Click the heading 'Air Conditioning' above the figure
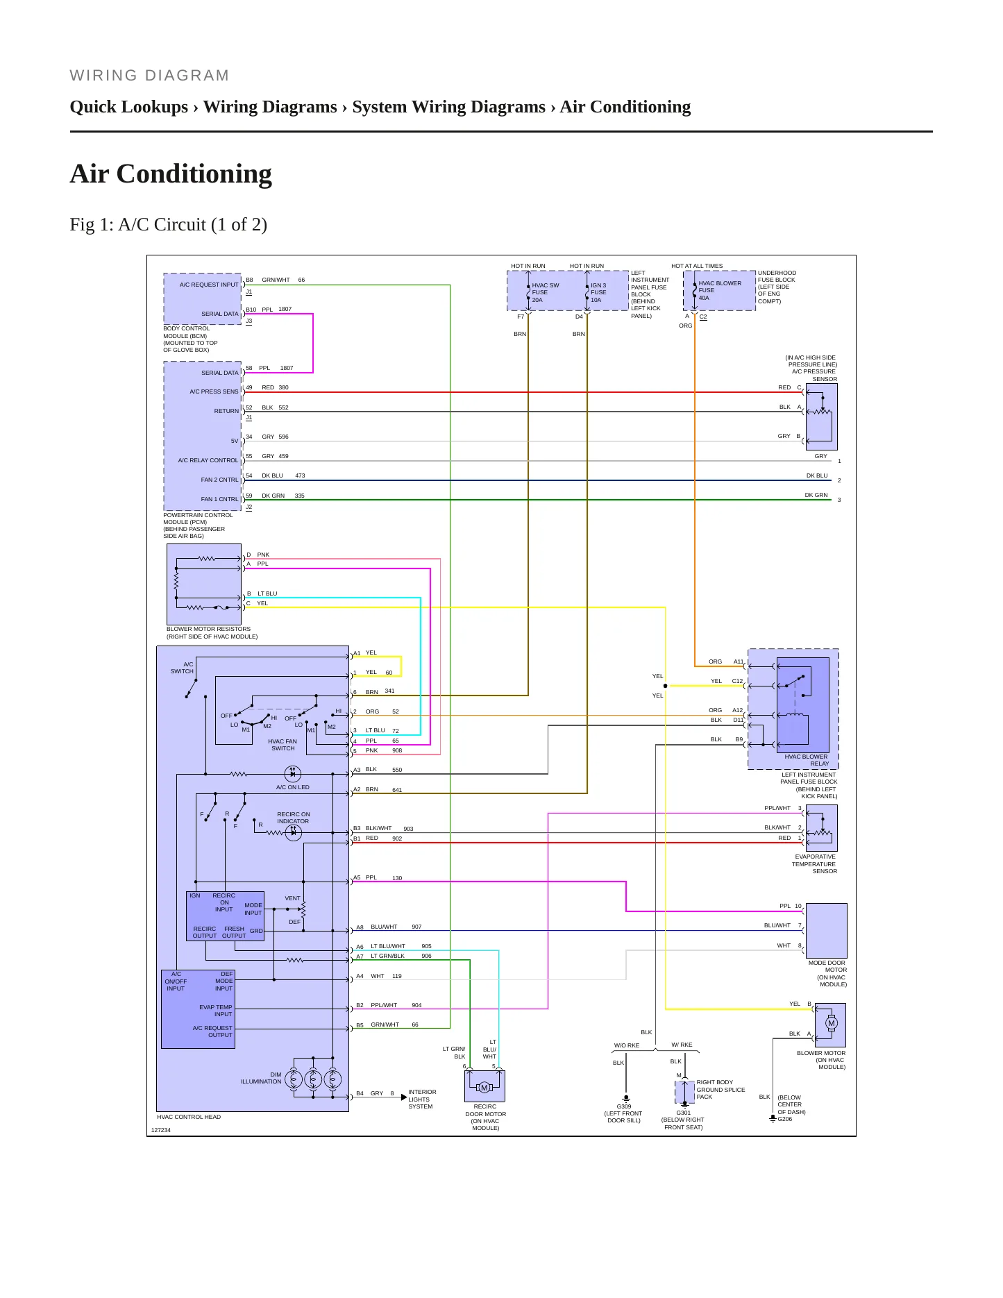[x=171, y=174]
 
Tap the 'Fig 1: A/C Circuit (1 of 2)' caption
[x=169, y=224]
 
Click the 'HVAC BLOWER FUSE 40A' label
[x=720, y=290]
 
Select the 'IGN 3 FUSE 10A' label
[x=598, y=292]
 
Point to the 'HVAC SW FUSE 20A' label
[x=546, y=292]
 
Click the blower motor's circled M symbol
[x=832, y=1023]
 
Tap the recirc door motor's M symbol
[x=484, y=1088]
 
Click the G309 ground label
[x=624, y=1106]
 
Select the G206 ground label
[x=785, y=1119]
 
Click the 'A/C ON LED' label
[x=293, y=787]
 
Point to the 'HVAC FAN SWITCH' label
[x=283, y=745]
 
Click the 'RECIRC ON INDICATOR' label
[x=294, y=818]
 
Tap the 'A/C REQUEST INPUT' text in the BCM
[x=209, y=285]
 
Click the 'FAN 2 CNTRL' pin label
[x=219, y=480]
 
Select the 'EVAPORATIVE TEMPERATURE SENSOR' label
[x=815, y=863]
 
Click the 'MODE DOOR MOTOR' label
[x=828, y=966]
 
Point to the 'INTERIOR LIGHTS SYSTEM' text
[x=422, y=1099]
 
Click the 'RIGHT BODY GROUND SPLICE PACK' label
[x=720, y=1089]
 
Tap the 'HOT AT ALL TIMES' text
[x=697, y=266]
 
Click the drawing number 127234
[x=161, y=1130]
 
